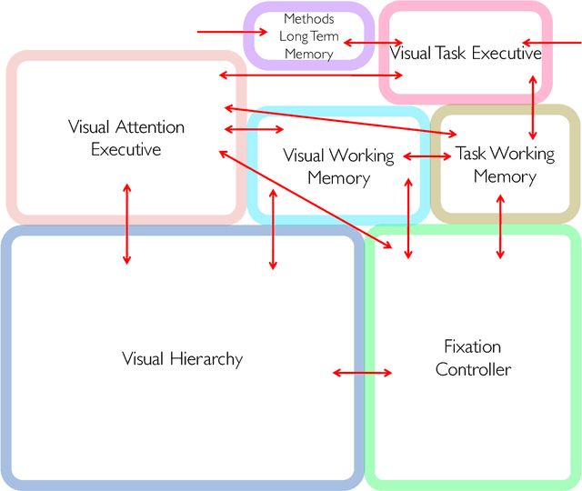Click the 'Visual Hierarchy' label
(182, 358)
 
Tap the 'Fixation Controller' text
(473, 357)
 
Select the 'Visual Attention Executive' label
(125, 137)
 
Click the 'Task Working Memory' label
(505, 165)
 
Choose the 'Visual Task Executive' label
(466, 54)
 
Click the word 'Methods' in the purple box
(309, 18)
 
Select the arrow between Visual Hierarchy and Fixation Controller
(362, 373)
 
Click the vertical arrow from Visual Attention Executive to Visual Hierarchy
(126, 224)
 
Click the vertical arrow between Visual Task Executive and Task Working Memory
(533, 104)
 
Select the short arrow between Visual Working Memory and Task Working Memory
(426, 157)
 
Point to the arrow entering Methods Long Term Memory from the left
(232, 33)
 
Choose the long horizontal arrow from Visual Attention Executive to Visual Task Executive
(310, 75)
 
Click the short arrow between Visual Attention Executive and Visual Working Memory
(254, 130)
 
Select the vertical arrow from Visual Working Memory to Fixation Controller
(408, 219)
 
